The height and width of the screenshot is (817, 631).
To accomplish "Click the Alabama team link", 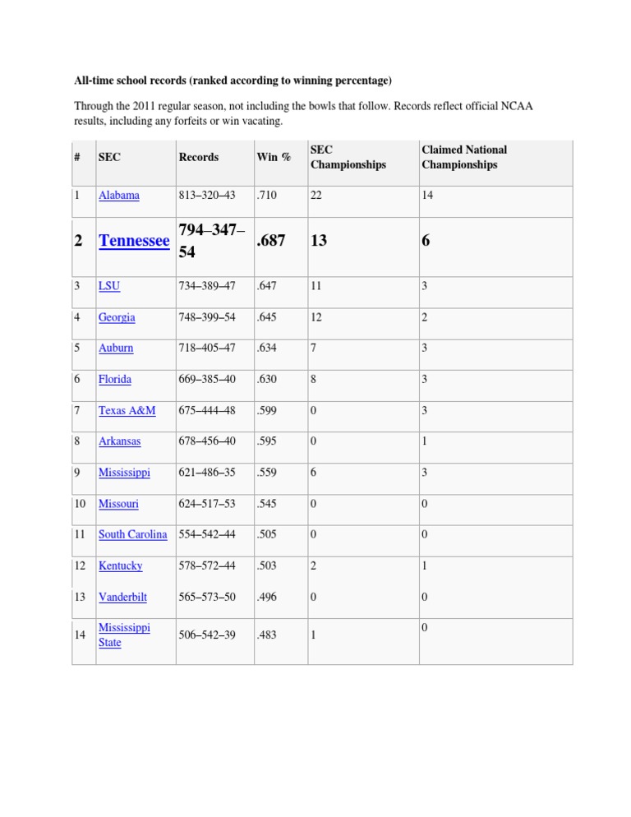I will [x=118, y=196].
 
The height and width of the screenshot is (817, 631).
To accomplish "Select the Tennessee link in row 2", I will [x=133, y=241].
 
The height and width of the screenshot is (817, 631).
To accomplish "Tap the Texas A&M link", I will [x=127, y=410].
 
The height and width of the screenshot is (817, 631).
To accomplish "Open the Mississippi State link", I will [x=124, y=635].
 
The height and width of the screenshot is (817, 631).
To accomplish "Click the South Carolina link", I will [x=132, y=534].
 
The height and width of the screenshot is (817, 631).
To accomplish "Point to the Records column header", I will [x=198, y=157].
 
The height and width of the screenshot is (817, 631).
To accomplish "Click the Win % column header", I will [x=274, y=157].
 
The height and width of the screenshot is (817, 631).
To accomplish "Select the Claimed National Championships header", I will [x=464, y=157].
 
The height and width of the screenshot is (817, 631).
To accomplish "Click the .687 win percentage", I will [x=274, y=242].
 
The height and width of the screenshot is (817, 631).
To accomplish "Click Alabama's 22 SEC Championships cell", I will [x=317, y=196].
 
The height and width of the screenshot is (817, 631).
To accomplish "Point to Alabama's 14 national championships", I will [x=428, y=196].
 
